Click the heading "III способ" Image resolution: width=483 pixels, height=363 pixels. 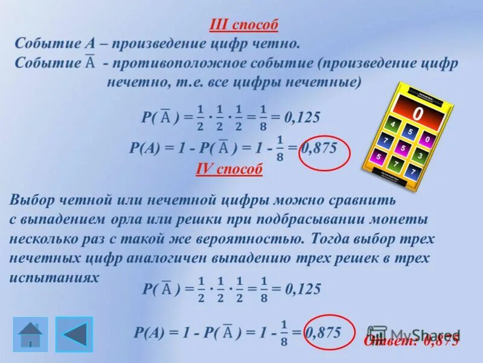243,25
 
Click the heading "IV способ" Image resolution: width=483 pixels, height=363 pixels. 229,169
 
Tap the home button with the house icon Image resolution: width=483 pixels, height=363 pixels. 30,334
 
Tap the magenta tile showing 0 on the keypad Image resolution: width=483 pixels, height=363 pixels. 427,140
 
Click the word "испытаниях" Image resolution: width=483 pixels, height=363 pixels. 54,276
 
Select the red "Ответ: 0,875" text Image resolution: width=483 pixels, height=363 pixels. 411,341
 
